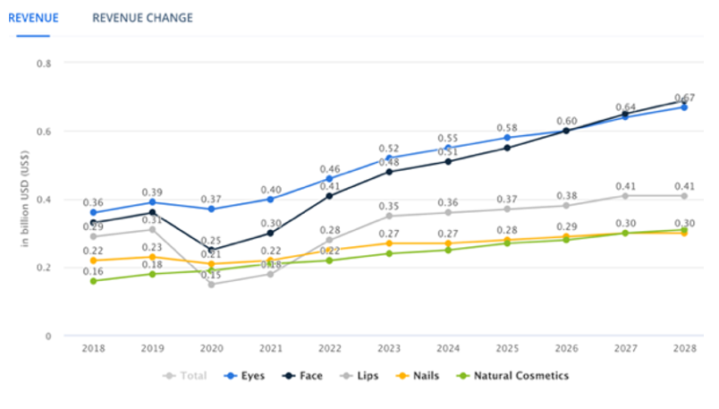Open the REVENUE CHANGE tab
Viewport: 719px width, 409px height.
(142, 18)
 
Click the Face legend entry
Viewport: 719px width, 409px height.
(302, 376)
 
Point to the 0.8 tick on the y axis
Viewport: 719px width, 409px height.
(44, 64)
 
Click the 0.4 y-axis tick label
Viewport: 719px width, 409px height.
(44, 200)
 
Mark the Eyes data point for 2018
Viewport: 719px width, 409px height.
(93, 213)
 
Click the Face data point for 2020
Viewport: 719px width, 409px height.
(211, 251)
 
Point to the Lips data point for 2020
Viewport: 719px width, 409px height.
(211, 285)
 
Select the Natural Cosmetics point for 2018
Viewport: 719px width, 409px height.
(93, 281)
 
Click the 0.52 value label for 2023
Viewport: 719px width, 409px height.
(389, 149)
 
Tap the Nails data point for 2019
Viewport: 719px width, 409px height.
(152, 257)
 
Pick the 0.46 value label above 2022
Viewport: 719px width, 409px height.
(329, 168)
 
